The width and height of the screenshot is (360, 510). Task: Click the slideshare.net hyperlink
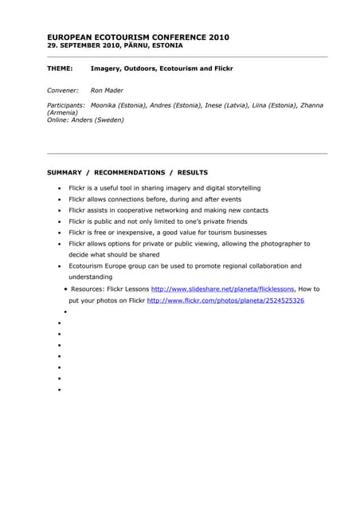coord(222,288)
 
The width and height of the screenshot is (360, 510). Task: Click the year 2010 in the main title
coord(219,37)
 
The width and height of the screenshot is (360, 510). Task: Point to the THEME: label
coord(61,69)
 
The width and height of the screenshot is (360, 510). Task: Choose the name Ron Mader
coord(106,91)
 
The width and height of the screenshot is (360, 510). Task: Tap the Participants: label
coord(66,105)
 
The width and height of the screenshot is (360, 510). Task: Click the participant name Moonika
coord(107,105)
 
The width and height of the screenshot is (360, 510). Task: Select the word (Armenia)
coord(63,112)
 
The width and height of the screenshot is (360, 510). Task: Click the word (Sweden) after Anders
coord(108,120)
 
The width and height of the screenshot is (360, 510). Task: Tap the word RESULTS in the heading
coord(192,172)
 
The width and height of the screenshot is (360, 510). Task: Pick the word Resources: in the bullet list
coord(90,288)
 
